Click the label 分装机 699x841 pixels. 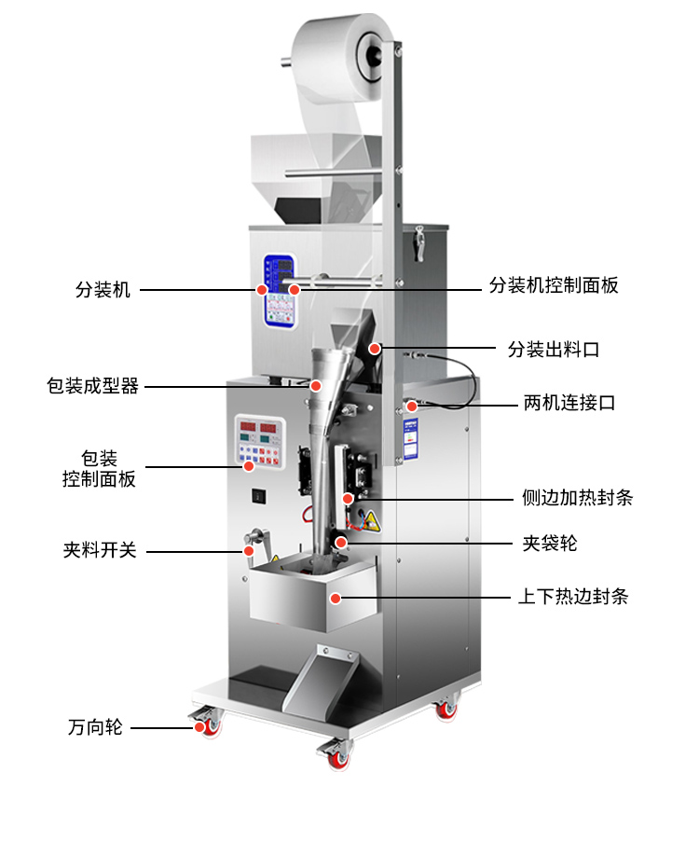(103, 290)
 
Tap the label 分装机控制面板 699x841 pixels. (554, 285)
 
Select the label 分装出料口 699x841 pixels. (553, 350)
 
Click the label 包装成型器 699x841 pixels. (92, 385)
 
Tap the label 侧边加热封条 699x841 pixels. (577, 497)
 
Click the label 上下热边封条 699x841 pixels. (572, 596)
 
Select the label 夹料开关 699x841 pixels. (100, 550)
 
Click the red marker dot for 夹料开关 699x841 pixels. (249, 550)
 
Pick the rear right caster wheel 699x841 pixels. (447, 708)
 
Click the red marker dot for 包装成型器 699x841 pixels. (316, 385)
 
